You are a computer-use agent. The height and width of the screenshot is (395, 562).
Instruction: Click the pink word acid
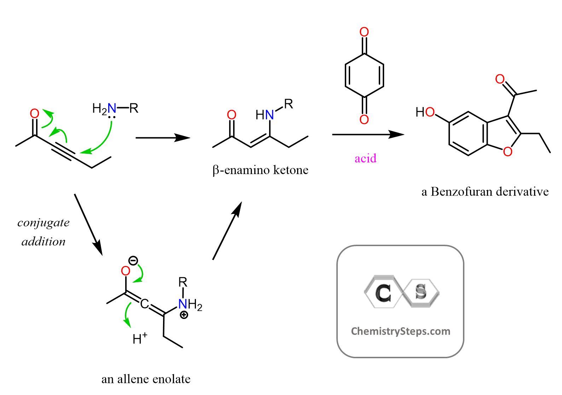(365, 158)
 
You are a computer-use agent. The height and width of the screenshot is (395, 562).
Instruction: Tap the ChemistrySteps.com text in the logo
(400, 331)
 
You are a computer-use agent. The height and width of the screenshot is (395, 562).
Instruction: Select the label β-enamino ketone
(260, 170)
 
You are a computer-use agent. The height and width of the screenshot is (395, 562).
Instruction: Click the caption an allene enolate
(146, 379)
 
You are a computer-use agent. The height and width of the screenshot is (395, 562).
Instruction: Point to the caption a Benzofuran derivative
(485, 192)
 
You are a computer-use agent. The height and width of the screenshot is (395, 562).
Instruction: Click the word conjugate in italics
(44, 223)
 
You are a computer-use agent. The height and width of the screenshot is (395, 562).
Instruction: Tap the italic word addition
(44, 242)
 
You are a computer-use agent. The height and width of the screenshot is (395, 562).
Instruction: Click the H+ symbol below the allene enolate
(139, 339)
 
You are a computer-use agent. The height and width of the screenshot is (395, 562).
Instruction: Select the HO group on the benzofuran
(425, 112)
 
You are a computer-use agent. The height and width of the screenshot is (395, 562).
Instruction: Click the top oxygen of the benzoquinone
(364, 32)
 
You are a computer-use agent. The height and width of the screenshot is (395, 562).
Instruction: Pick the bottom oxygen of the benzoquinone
(364, 120)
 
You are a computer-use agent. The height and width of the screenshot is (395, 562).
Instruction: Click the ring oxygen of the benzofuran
(508, 152)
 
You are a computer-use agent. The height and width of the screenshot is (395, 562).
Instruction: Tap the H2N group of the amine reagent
(104, 109)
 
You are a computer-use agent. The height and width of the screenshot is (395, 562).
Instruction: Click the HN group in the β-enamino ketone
(265, 115)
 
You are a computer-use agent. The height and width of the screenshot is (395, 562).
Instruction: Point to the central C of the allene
(144, 303)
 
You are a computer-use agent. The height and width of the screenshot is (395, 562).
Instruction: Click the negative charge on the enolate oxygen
(133, 261)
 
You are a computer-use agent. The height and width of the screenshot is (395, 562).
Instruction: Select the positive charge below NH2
(184, 315)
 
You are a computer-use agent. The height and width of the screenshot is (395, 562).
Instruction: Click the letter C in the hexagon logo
(383, 293)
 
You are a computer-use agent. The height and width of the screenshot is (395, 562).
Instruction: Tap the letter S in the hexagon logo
(421, 292)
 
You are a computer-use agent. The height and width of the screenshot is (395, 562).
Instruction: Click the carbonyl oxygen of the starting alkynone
(34, 114)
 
